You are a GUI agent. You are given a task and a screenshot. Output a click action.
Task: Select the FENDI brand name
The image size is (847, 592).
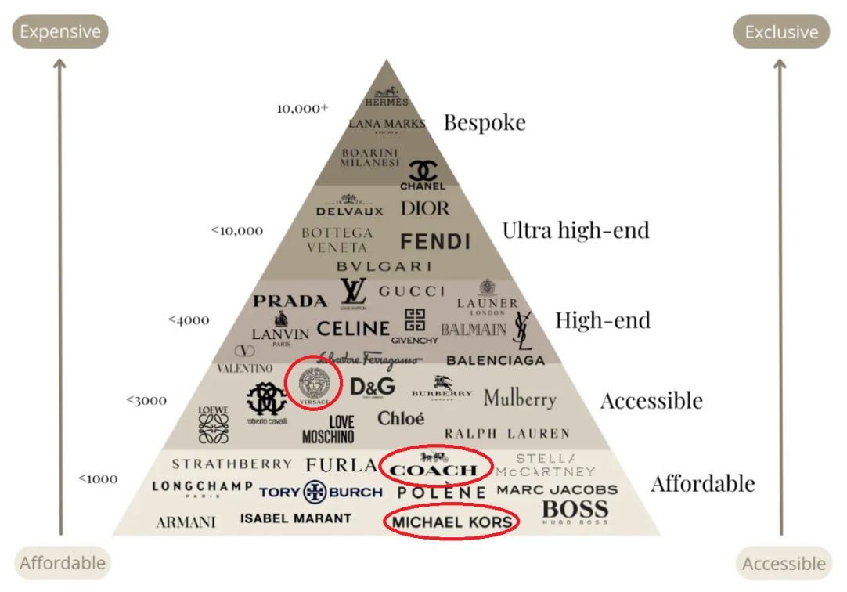[x=435, y=241]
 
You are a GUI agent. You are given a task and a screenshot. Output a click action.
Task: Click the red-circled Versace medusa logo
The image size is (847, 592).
[x=314, y=383]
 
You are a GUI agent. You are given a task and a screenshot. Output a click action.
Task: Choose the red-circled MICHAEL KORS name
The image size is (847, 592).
[x=452, y=522]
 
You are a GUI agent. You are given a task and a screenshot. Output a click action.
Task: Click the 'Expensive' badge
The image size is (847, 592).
[x=60, y=32]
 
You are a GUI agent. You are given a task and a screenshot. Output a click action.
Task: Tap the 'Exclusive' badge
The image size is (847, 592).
[x=781, y=32]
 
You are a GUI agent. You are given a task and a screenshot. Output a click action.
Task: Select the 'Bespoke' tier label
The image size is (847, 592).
[x=485, y=122]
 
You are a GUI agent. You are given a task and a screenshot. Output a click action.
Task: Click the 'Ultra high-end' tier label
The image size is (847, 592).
[x=575, y=229]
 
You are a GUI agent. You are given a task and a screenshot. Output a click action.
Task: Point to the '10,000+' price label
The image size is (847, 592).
[x=302, y=109]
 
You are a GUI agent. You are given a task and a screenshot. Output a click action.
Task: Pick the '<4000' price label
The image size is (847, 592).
[x=188, y=319]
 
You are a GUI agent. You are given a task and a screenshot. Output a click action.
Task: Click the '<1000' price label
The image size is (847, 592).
[x=98, y=478]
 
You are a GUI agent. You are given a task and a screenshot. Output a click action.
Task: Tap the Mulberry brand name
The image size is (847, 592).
[x=520, y=398]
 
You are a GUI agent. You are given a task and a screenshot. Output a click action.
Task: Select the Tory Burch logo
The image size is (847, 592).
[x=321, y=492]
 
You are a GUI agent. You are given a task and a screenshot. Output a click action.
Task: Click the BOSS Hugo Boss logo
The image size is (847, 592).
[x=575, y=511]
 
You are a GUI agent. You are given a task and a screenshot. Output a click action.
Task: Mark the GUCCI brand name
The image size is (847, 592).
[x=412, y=291]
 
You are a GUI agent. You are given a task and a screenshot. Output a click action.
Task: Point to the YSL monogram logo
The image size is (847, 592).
[x=522, y=330]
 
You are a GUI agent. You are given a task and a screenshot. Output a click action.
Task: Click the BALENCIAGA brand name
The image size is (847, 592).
[x=496, y=360]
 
